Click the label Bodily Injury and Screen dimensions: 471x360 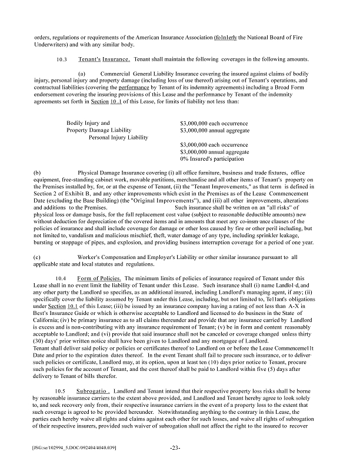click(x=88, y=123)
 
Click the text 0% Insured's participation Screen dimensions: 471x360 click(x=212, y=158)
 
